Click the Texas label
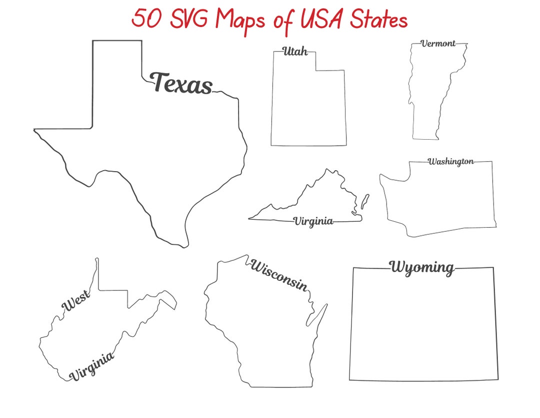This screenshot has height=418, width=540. point(181,83)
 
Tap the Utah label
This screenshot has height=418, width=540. point(295,51)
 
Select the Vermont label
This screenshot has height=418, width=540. point(438,44)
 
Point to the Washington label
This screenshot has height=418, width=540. point(450,162)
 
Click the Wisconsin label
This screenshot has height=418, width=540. point(278,275)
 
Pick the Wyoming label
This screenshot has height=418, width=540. point(422,267)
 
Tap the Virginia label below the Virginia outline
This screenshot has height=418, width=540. point(313,221)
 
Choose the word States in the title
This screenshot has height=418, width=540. point(378,20)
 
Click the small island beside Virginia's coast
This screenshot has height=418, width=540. point(365,201)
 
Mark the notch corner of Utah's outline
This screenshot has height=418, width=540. point(315,70)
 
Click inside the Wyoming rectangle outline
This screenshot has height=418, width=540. point(422,325)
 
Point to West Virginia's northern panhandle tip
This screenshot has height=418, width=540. point(97,260)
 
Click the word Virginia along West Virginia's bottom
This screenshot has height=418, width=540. point(91,366)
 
